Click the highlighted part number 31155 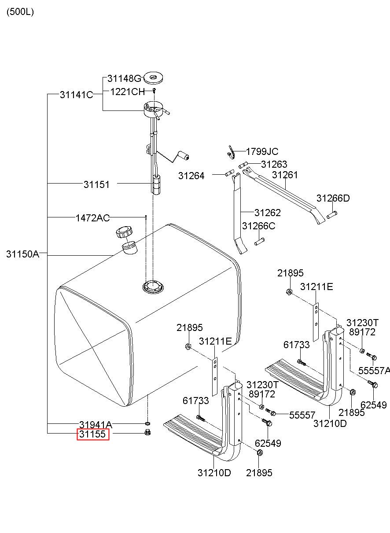92,435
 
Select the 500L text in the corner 20,12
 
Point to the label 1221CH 127,92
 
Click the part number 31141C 76,94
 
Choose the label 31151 96,184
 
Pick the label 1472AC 92,217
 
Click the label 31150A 22,254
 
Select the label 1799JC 262,152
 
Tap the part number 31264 191,176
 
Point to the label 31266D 333,198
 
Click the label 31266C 259,226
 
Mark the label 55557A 374,371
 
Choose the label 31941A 95,425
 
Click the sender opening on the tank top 153,287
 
